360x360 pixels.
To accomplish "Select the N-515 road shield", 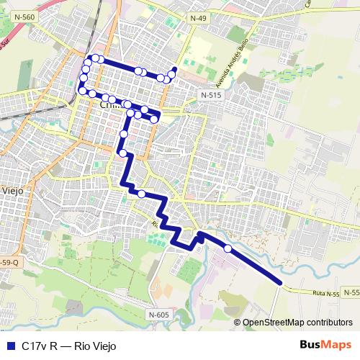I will [x=211, y=94].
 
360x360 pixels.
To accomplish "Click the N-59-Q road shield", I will [x=9, y=263].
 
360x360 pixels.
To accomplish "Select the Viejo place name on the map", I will [x=13, y=191].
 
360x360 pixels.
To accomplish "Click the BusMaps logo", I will [x=326, y=345].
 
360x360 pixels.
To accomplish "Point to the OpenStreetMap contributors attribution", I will [x=297, y=322].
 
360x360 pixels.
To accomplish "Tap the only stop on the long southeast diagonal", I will [x=228, y=248].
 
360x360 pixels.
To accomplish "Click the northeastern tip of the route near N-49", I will [x=175, y=69].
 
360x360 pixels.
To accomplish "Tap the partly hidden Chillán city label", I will [x=109, y=104].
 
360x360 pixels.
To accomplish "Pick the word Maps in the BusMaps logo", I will [x=338, y=345].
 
